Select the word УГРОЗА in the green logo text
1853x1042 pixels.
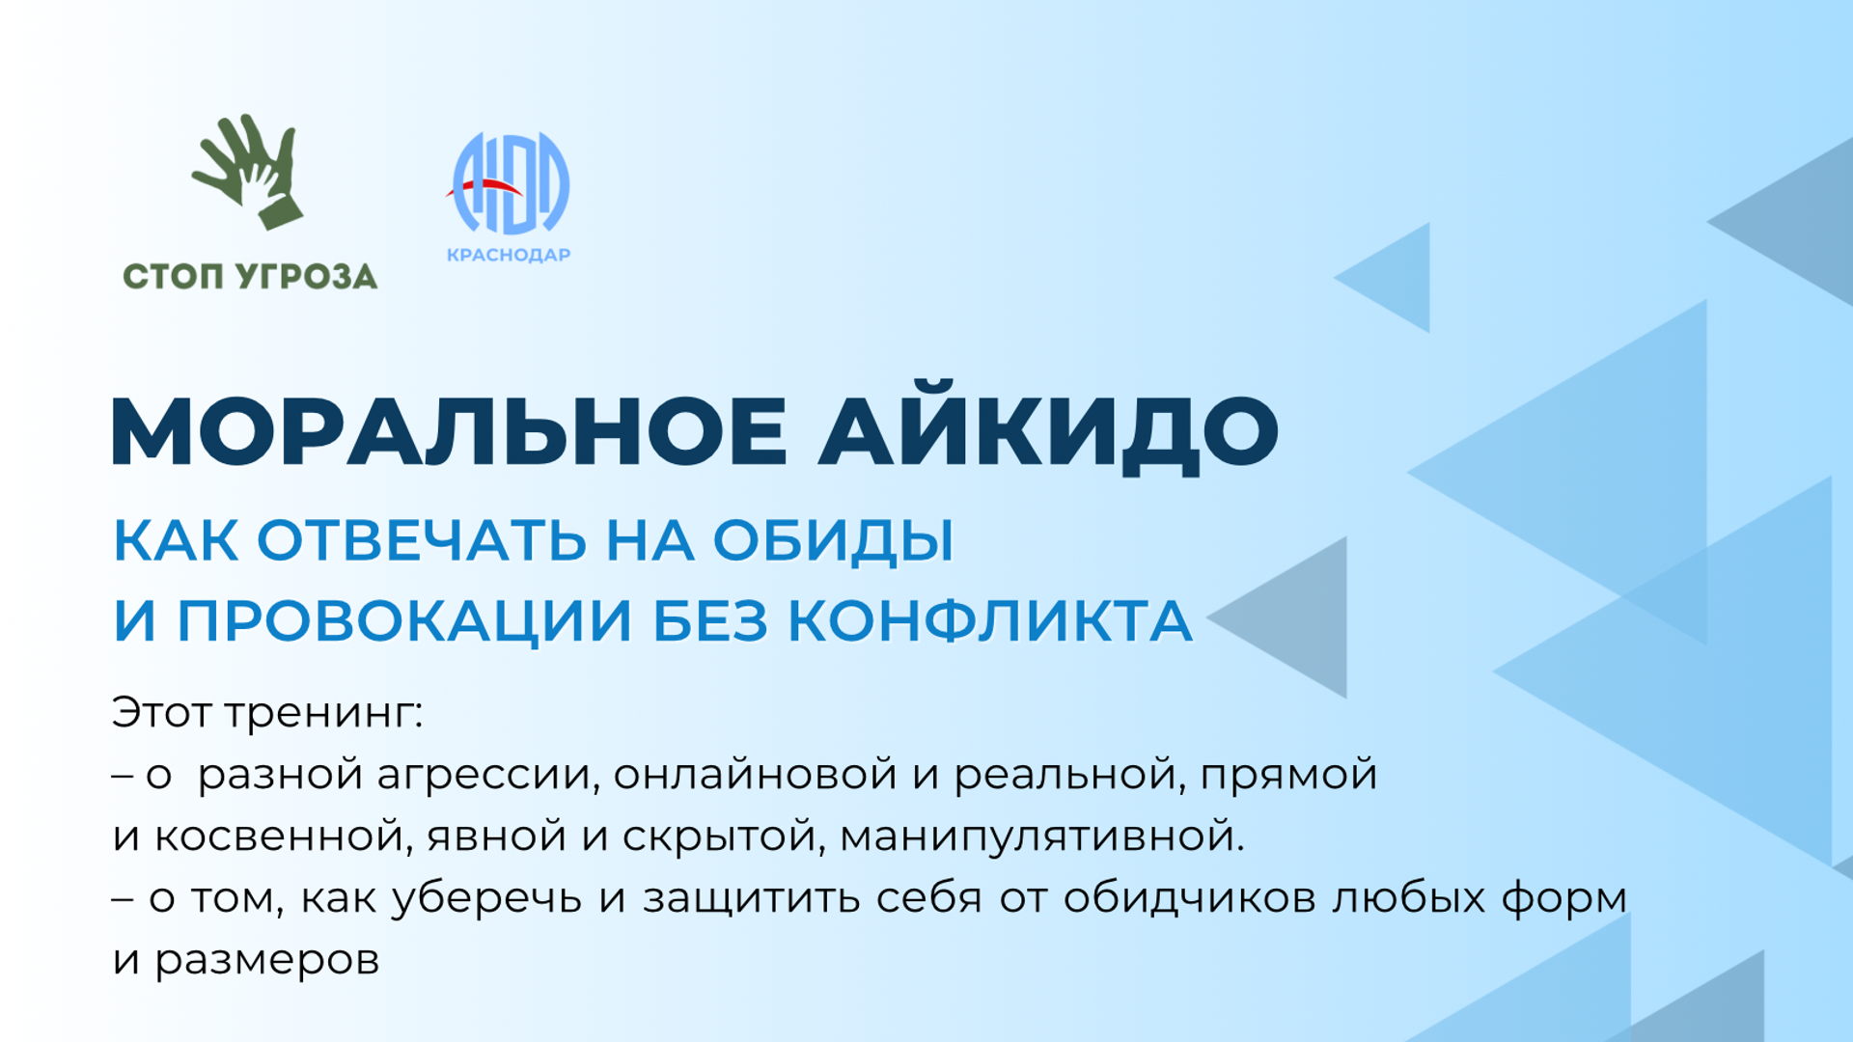(x=307, y=277)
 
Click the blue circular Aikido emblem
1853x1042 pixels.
(x=511, y=183)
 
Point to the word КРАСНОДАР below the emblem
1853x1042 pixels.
(x=509, y=255)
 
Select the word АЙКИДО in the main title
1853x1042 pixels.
(x=1049, y=434)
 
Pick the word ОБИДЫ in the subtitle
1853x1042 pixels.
(x=834, y=541)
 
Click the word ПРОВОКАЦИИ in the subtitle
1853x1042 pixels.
(x=404, y=621)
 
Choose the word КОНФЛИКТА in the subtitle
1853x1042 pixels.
(x=991, y=619)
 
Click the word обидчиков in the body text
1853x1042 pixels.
(x=1190, y=898)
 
